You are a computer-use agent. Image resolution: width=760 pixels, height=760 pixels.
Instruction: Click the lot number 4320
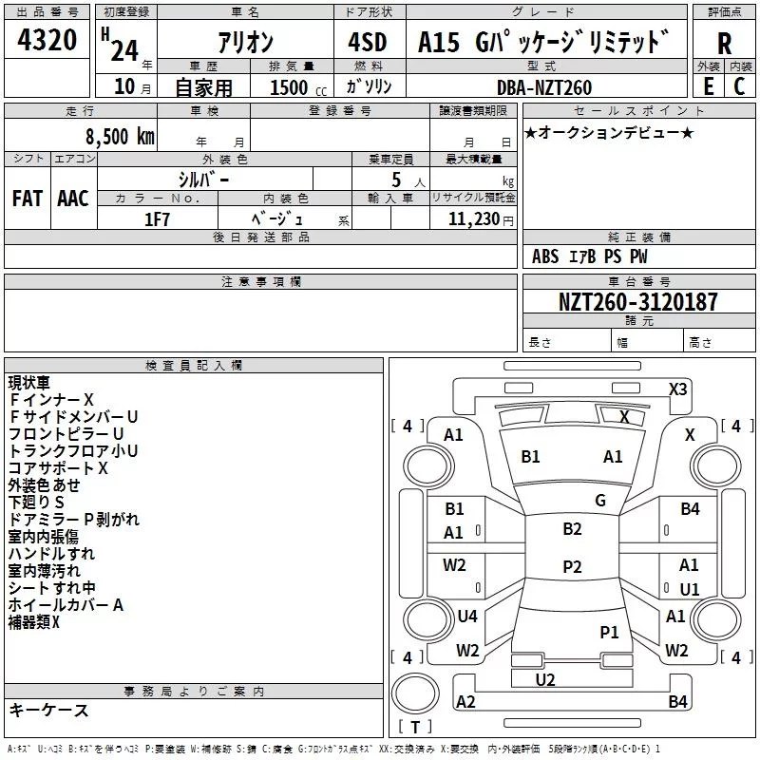click(x=47, y=42)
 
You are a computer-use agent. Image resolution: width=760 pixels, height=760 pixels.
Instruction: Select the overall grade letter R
click(x=724, y=43)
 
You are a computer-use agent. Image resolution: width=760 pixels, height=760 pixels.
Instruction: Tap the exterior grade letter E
click(x=709, y=85)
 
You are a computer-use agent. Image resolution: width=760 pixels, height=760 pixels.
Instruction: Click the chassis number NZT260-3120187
click(x=637, y=302)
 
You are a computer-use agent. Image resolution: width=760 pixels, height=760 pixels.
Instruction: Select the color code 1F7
click(x=157, y=218)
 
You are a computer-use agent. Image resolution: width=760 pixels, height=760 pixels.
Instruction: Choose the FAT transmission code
click(x=28, y=198)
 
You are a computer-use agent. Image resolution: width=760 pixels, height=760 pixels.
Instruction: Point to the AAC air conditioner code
click(x=72, y=198)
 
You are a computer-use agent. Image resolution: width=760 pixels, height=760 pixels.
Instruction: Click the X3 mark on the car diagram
click(x=678, y=389)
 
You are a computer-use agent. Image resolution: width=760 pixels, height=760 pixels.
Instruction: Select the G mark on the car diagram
click(x=599, y=501)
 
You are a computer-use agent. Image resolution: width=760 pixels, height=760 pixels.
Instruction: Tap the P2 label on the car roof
click(x=572, y=567)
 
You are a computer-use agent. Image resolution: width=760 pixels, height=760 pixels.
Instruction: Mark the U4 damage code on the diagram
click(x=467, y=617)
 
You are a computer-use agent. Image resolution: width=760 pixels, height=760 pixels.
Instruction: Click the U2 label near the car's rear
click(x=545, y=679)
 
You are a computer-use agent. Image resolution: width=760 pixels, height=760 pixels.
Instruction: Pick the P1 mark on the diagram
click(x=609, y=632)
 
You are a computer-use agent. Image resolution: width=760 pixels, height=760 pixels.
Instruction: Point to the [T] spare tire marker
click(x=415, y=728)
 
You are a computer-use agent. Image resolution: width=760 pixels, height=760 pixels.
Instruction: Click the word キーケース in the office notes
click(x=48, y=710)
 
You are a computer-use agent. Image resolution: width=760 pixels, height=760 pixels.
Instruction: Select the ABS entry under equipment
click(x=545, y=256)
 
